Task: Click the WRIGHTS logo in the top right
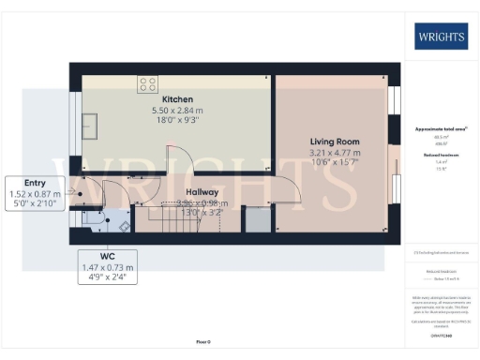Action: click(x=440, y=37)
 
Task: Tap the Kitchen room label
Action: click(x=177, y=99)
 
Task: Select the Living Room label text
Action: click(x=336, y=142)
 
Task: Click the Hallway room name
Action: click(x=202, y=191)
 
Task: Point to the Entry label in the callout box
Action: click(x=35, y=183)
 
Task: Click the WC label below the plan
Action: click(x=109, y=256)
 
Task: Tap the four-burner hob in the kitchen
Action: click(x=148, y=83)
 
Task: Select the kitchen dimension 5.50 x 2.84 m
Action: click(x=177, y=111)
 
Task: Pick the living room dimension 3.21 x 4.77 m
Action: click(x=336, y=152)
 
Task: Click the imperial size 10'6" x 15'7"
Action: click(x=336, y=162)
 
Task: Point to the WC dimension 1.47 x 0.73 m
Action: click(x=109, y=267)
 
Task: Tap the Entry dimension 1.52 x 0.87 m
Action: click(x=35, y=194)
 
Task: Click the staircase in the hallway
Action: click(x=172, y=222)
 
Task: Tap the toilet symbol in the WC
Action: click(x=123, y=225)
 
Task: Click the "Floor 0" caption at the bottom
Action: click(x=203, y=342)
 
